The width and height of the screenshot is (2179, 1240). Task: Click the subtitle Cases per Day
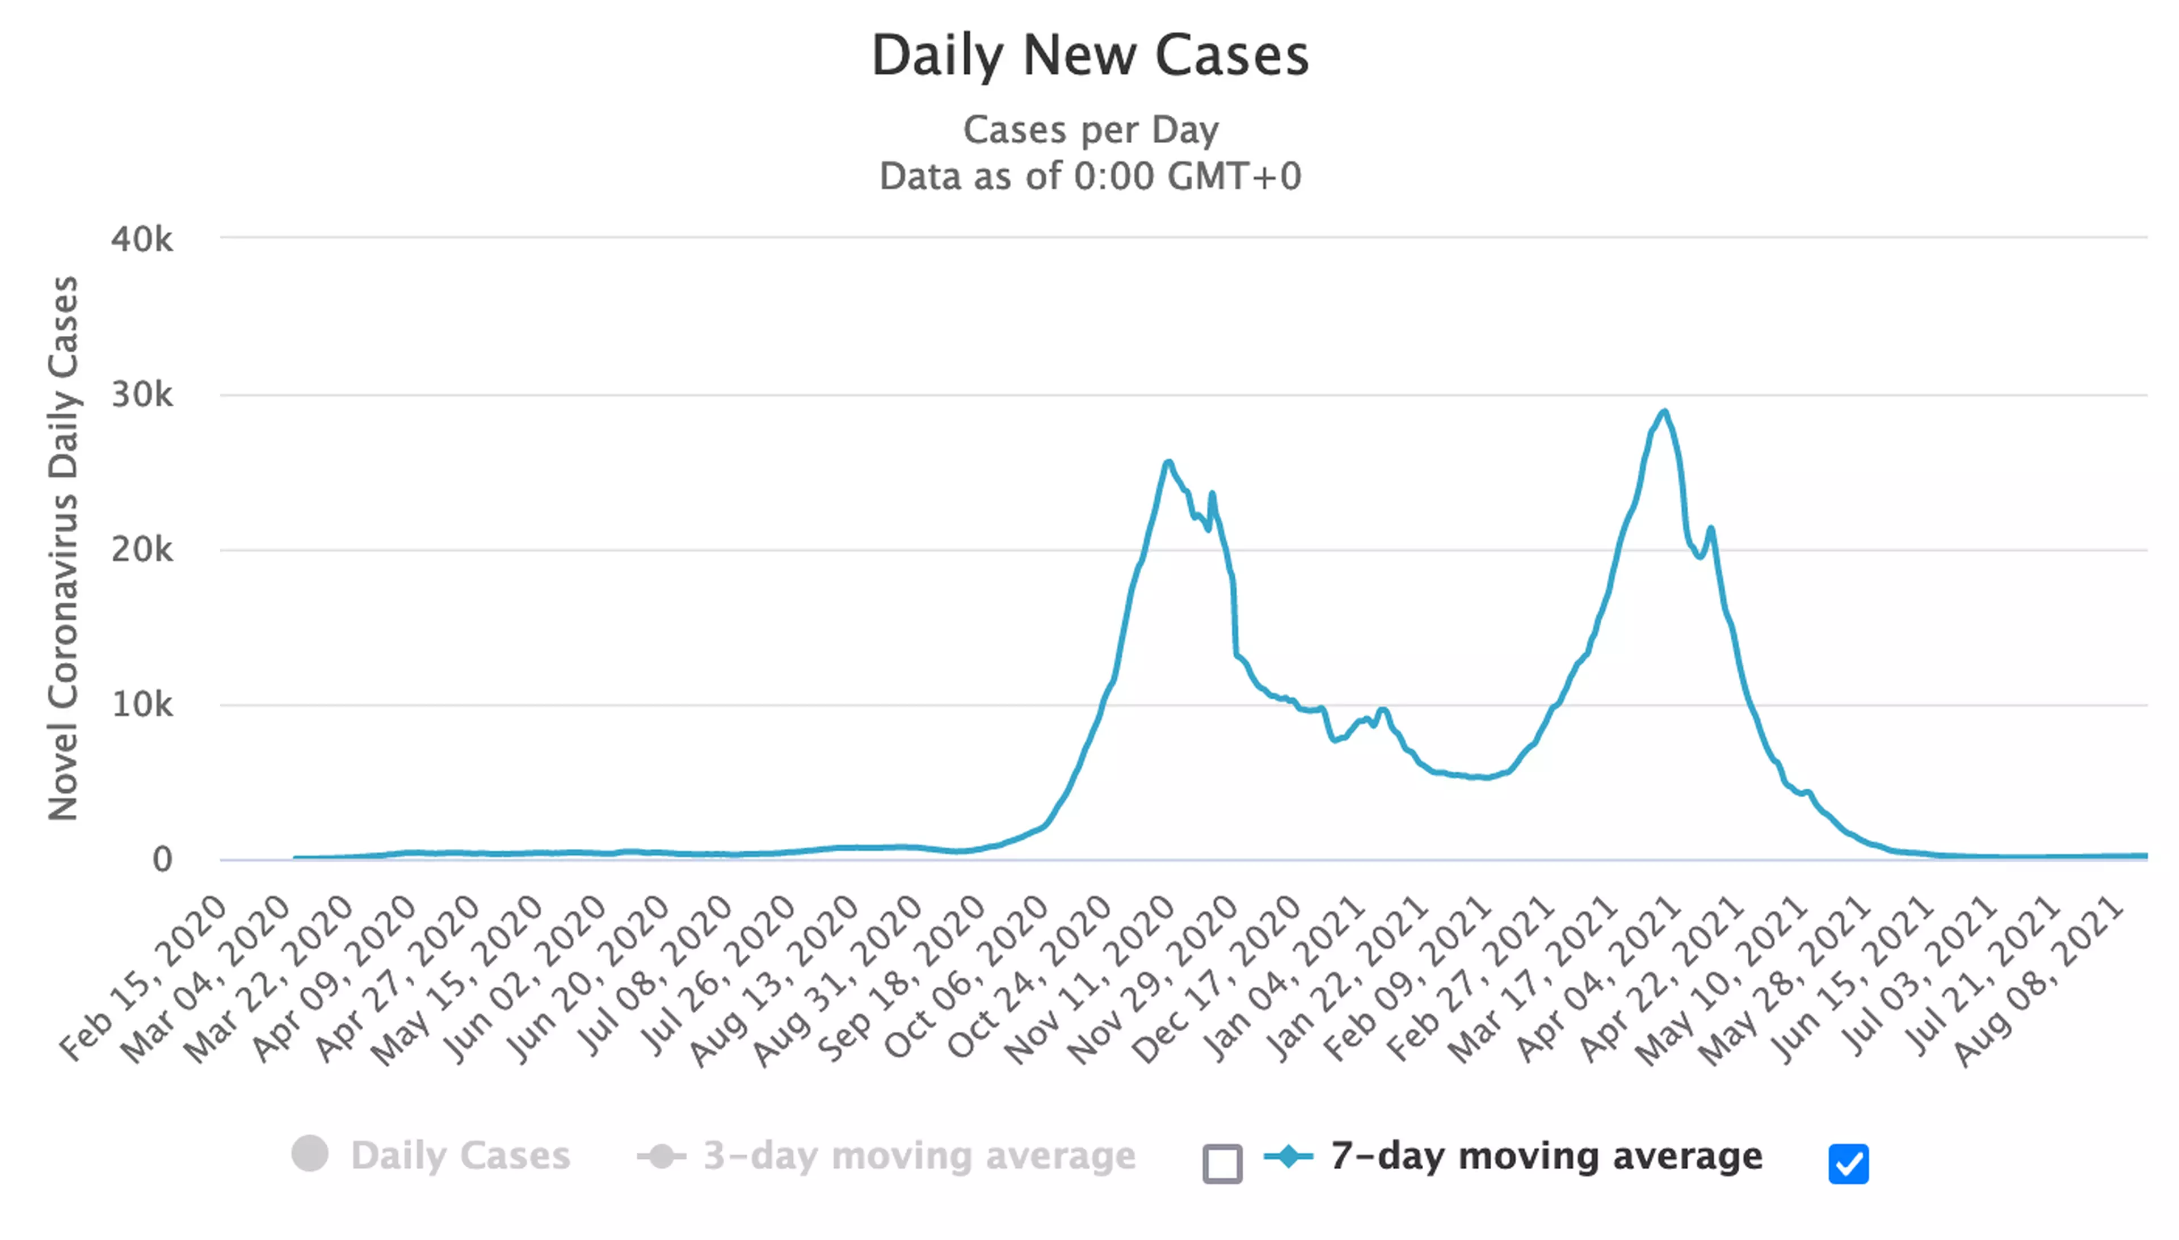[x=1090, y=131]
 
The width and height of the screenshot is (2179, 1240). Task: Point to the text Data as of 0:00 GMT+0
[x=1090, y=176]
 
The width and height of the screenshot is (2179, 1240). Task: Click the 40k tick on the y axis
[x=141, y=239]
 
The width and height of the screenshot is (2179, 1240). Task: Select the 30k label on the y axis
[x=141, y=395]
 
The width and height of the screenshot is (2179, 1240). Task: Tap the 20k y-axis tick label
[x=141, y=550]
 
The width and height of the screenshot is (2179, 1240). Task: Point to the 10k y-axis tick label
[x=141, y=705]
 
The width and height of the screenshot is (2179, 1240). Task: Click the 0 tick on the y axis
[x=162, y=860]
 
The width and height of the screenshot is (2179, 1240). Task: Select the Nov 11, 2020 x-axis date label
[x=1090, y=980]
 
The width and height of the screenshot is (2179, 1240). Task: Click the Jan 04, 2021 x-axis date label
[x=1281, y=980]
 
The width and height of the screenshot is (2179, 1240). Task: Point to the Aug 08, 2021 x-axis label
[x=2039, y=980]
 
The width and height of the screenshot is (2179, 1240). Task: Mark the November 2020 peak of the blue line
[x=1168, y=463]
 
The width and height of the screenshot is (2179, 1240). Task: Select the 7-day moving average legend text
[x=1546, y=1155]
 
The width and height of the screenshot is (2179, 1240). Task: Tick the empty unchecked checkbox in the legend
[x=1222, y=1163]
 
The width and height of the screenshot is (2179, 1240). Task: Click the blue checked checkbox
[x=1848, y=1163]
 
